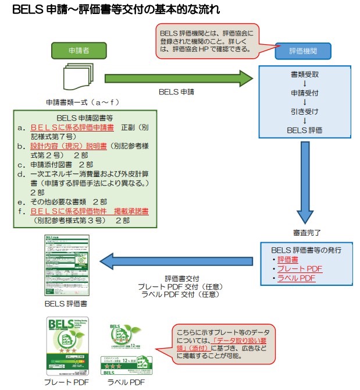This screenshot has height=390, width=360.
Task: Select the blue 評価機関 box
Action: pyautogui.click(x=303, y=51)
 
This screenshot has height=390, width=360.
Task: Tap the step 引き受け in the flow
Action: pyautogui.click(x=304, y=111)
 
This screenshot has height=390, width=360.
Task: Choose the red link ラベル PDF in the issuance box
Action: pyautogui.click(x=296, y=278)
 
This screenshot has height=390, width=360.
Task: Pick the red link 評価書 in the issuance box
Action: pyautogui.click(x=288, y=260)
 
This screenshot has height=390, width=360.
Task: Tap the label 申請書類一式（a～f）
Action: pyautogui.click(x=77, y=102)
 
